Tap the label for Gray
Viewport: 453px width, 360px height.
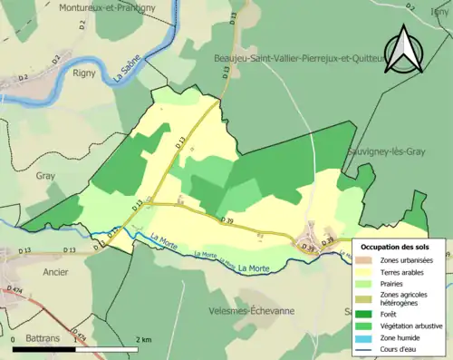[45, 178]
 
